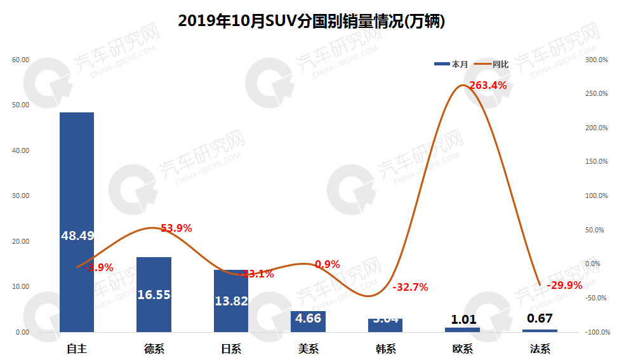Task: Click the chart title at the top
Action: (x=311, y=21)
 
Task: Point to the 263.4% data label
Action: (x=488, y=85)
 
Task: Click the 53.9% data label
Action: (x=176, y=228)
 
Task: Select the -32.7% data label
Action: (x=410, y=287)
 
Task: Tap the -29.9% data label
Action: (x=564, y=285)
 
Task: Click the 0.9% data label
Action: (x=328, y=264)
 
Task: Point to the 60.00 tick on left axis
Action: (x=21, y=60)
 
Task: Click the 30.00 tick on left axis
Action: (x=21, y=196)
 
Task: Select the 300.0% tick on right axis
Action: (x=597, y=60)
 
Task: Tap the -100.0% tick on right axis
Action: (x=596, y=332)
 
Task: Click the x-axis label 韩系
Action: (x=385, y=349)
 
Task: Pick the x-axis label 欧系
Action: (x=463, y=349)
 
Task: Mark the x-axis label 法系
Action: (x=540, y=349)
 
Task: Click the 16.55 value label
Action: (x=154, y=295)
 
